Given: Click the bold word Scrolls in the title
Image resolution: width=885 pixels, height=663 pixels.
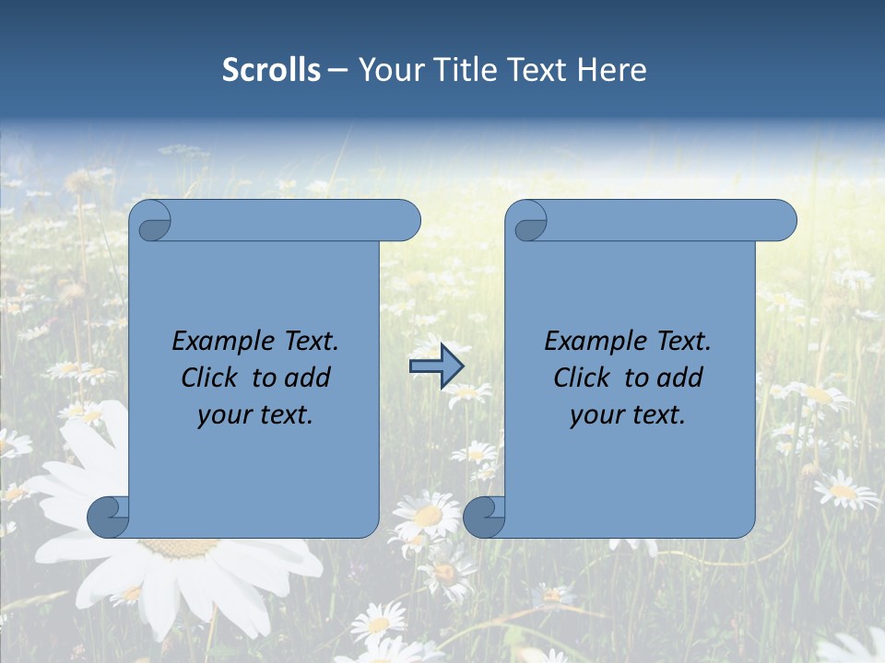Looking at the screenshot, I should click(272, 70).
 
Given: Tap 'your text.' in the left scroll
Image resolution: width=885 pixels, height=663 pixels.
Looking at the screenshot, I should click(255, 415).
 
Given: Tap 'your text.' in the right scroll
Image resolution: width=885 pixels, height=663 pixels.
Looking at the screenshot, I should click(628, 415).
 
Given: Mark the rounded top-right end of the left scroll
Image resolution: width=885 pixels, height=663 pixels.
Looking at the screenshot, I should click(406, 221).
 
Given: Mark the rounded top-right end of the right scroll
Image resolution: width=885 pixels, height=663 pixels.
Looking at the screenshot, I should click(782, 221).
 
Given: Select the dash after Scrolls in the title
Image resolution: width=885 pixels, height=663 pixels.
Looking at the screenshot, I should click(337, 70).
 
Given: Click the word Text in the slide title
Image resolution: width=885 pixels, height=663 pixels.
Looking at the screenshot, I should click(535, 70).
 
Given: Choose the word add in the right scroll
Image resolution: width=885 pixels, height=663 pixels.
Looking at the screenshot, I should click(680, 378).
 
